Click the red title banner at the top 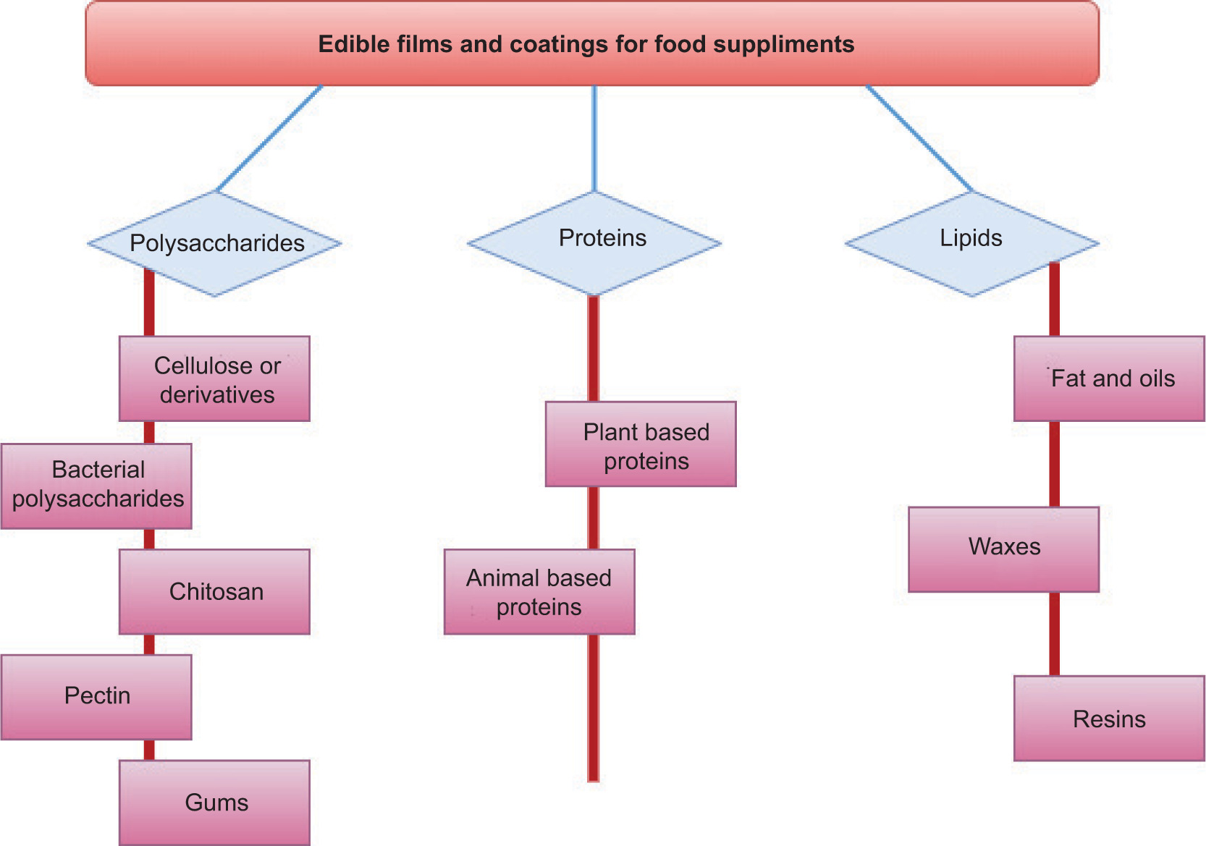[x=592, y=43]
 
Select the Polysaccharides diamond [x=215, y=244]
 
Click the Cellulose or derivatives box [x=214, y=378]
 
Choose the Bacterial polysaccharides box [x=96, y=486]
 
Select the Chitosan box [x=214, y=591]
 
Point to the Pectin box [x=96, y=697]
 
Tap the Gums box [x=214, y=802]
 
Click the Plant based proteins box [x=641, y=444]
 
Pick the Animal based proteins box [x=539, y=591]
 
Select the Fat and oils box [x=1109, y=378]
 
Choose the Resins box [x=1109, y=718]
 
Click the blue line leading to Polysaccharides [x=269, y=138]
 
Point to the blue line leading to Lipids [x=919, y=138]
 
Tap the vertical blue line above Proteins [x=594, y=138]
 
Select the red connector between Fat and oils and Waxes [x=1055, y=463]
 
